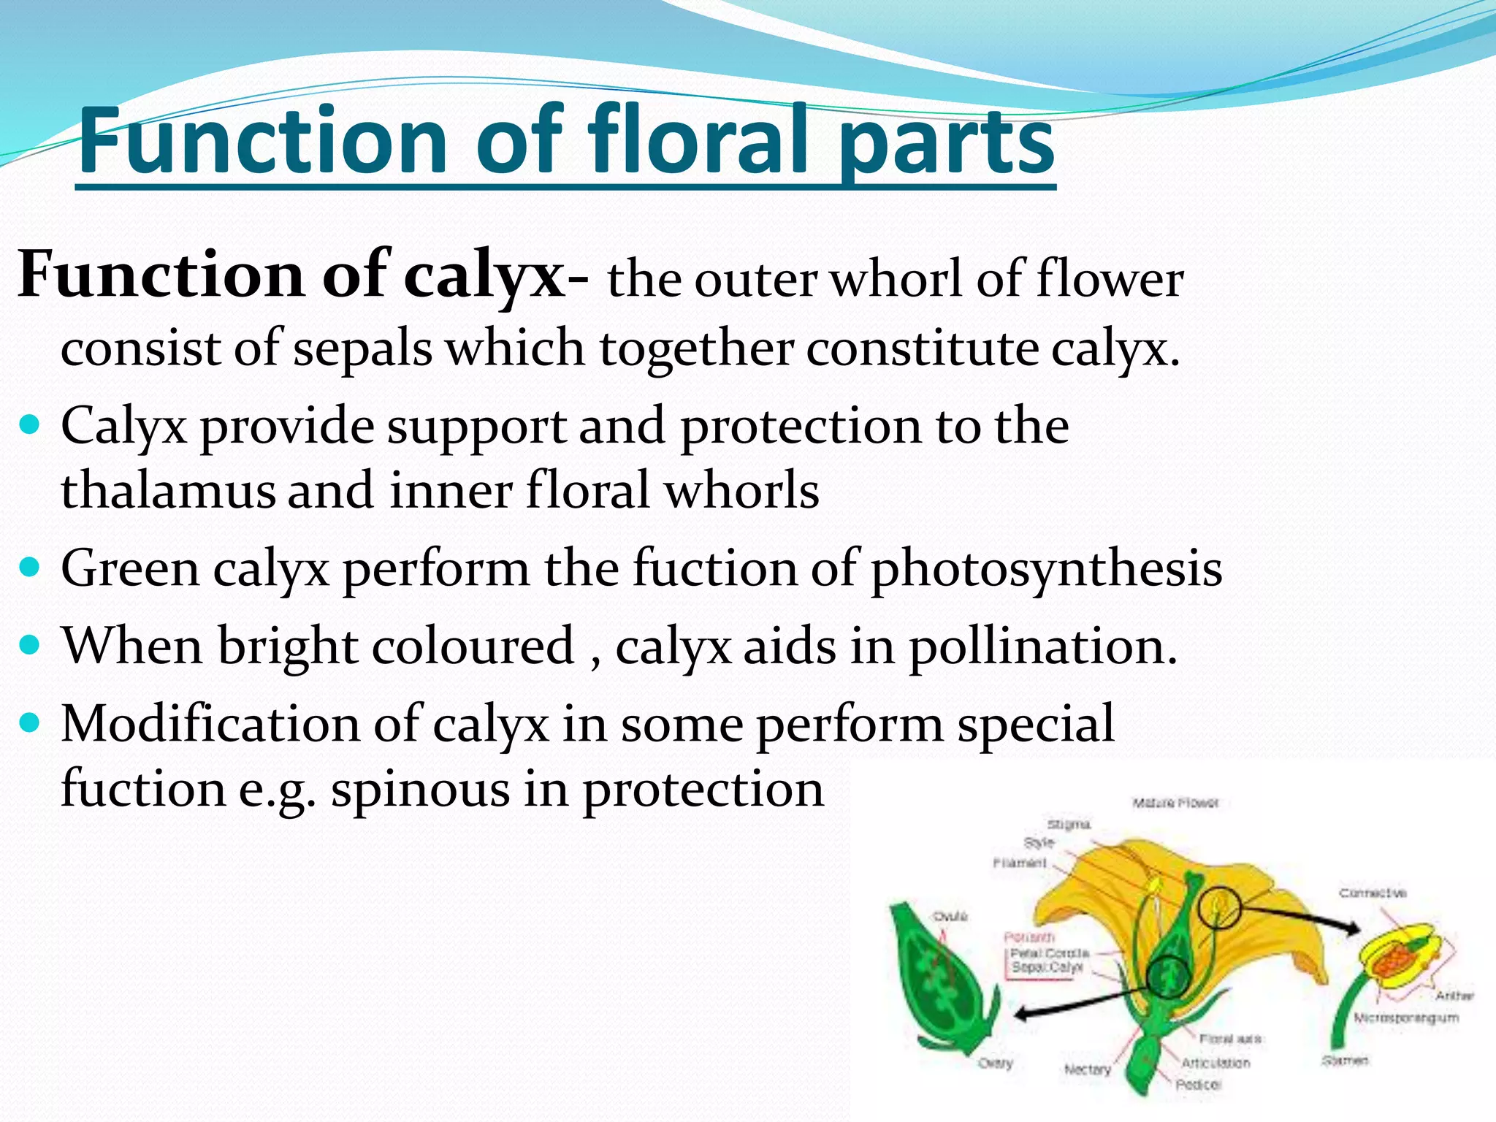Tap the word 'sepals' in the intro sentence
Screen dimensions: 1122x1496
363,348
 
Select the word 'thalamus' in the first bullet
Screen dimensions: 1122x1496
168,490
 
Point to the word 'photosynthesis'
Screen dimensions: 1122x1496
1046,568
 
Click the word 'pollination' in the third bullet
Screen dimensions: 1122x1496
1042,646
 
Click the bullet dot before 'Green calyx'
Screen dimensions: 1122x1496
29,567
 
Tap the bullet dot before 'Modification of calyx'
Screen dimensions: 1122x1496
29,723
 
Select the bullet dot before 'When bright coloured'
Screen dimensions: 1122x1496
29,645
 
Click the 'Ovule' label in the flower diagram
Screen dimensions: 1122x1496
950,916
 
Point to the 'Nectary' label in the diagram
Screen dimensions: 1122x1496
1087,1069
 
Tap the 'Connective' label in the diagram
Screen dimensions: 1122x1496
1373,893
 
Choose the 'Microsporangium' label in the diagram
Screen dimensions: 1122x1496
1405,1017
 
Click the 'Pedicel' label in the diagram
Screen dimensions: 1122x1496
1198,1085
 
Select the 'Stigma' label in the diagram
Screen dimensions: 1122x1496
1069,824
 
